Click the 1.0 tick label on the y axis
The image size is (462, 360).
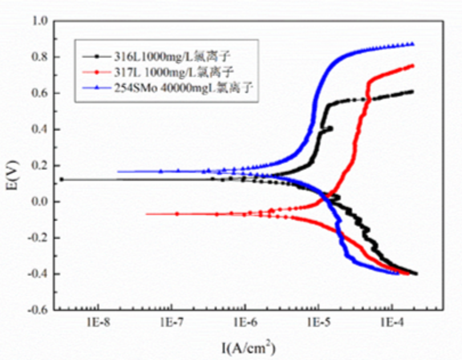[39, 21]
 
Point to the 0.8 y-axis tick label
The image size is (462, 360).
[39, 57]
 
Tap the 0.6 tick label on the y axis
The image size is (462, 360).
[39, 93]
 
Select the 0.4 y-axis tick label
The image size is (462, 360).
[39, 130]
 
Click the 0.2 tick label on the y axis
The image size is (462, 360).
[39, 165]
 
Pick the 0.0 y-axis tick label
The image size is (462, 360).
[39, 202]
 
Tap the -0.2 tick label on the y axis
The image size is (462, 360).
[37, 238]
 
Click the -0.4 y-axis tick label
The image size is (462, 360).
[37, 274]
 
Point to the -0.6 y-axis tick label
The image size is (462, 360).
[37, 310]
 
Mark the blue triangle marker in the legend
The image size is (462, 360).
[96, 87]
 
